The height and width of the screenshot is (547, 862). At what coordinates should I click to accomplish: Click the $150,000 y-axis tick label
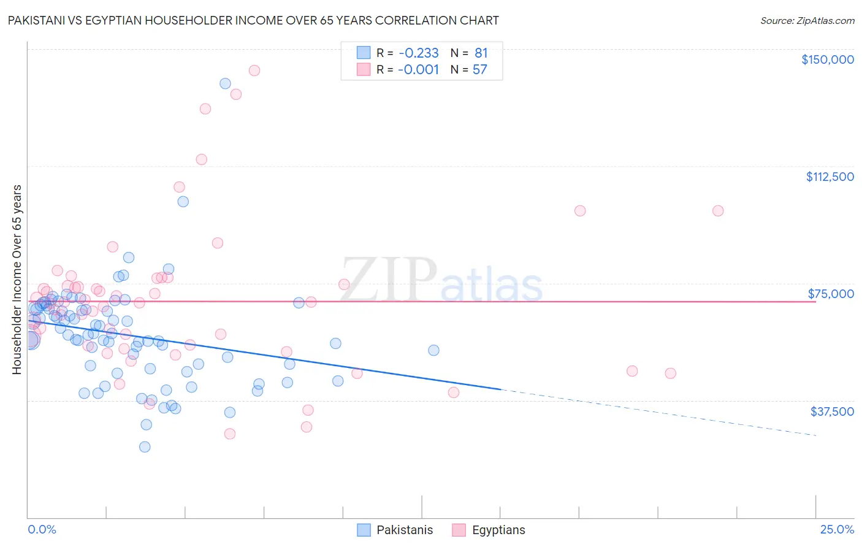(827, 59)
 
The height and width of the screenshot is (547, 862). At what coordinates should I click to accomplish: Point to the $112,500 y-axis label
(830, 177)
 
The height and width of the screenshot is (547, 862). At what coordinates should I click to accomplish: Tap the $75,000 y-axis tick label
(831, 294)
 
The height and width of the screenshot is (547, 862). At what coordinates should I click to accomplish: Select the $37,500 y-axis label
(832, 411)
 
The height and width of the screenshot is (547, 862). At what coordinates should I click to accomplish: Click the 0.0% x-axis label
(42, 530)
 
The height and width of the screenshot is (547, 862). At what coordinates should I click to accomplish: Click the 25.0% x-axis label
(837, 530)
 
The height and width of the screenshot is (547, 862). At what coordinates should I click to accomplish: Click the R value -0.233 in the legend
(418, 53)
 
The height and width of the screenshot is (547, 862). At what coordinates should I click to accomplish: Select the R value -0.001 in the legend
(418, 70)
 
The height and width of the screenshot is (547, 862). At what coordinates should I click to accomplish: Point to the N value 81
(481, 53)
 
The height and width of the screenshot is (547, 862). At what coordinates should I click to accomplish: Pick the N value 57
(479, 70)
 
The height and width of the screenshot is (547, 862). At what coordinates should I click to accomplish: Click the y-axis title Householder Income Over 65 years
(17, 280)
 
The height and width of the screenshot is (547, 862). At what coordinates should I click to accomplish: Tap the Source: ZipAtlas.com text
(807, 21)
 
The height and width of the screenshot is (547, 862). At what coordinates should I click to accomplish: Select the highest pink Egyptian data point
(254, 71)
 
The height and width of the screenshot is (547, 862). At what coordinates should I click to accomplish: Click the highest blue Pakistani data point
(225, 83)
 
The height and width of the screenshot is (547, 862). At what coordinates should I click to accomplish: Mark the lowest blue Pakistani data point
(145, 447)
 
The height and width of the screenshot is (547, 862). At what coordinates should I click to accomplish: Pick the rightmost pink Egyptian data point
(718, 211)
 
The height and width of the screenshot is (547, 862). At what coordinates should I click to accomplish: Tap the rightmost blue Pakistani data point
(433, 351)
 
